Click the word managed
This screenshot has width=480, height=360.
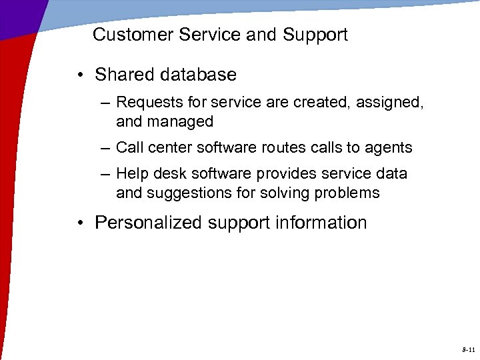coord(182,122)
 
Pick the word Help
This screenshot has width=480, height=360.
coord(131,173)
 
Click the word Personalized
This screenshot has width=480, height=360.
coord(149,223)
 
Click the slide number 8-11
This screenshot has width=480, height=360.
coord(467,349)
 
